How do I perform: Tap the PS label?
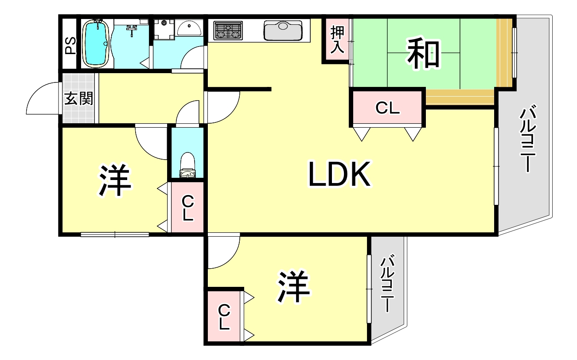(70, 46)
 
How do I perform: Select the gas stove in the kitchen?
(228, 31)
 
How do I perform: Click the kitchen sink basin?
(283, 31)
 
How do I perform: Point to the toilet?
(187, 165)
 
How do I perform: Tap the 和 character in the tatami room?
(423, 53)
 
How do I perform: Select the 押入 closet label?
(337, 39)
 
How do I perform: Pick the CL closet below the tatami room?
(387, 108)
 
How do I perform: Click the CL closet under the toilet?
(187, 207)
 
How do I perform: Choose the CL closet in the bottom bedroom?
(224, 317)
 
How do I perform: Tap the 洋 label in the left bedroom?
(114, 180)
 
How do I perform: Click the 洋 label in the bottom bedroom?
(293, 286)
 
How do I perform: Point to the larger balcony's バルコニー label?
(528, 138)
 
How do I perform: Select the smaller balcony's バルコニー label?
(387, 283)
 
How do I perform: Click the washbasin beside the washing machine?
(189, 29)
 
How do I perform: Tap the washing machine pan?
(164, 29)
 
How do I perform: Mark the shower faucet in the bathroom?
(132, 28)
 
